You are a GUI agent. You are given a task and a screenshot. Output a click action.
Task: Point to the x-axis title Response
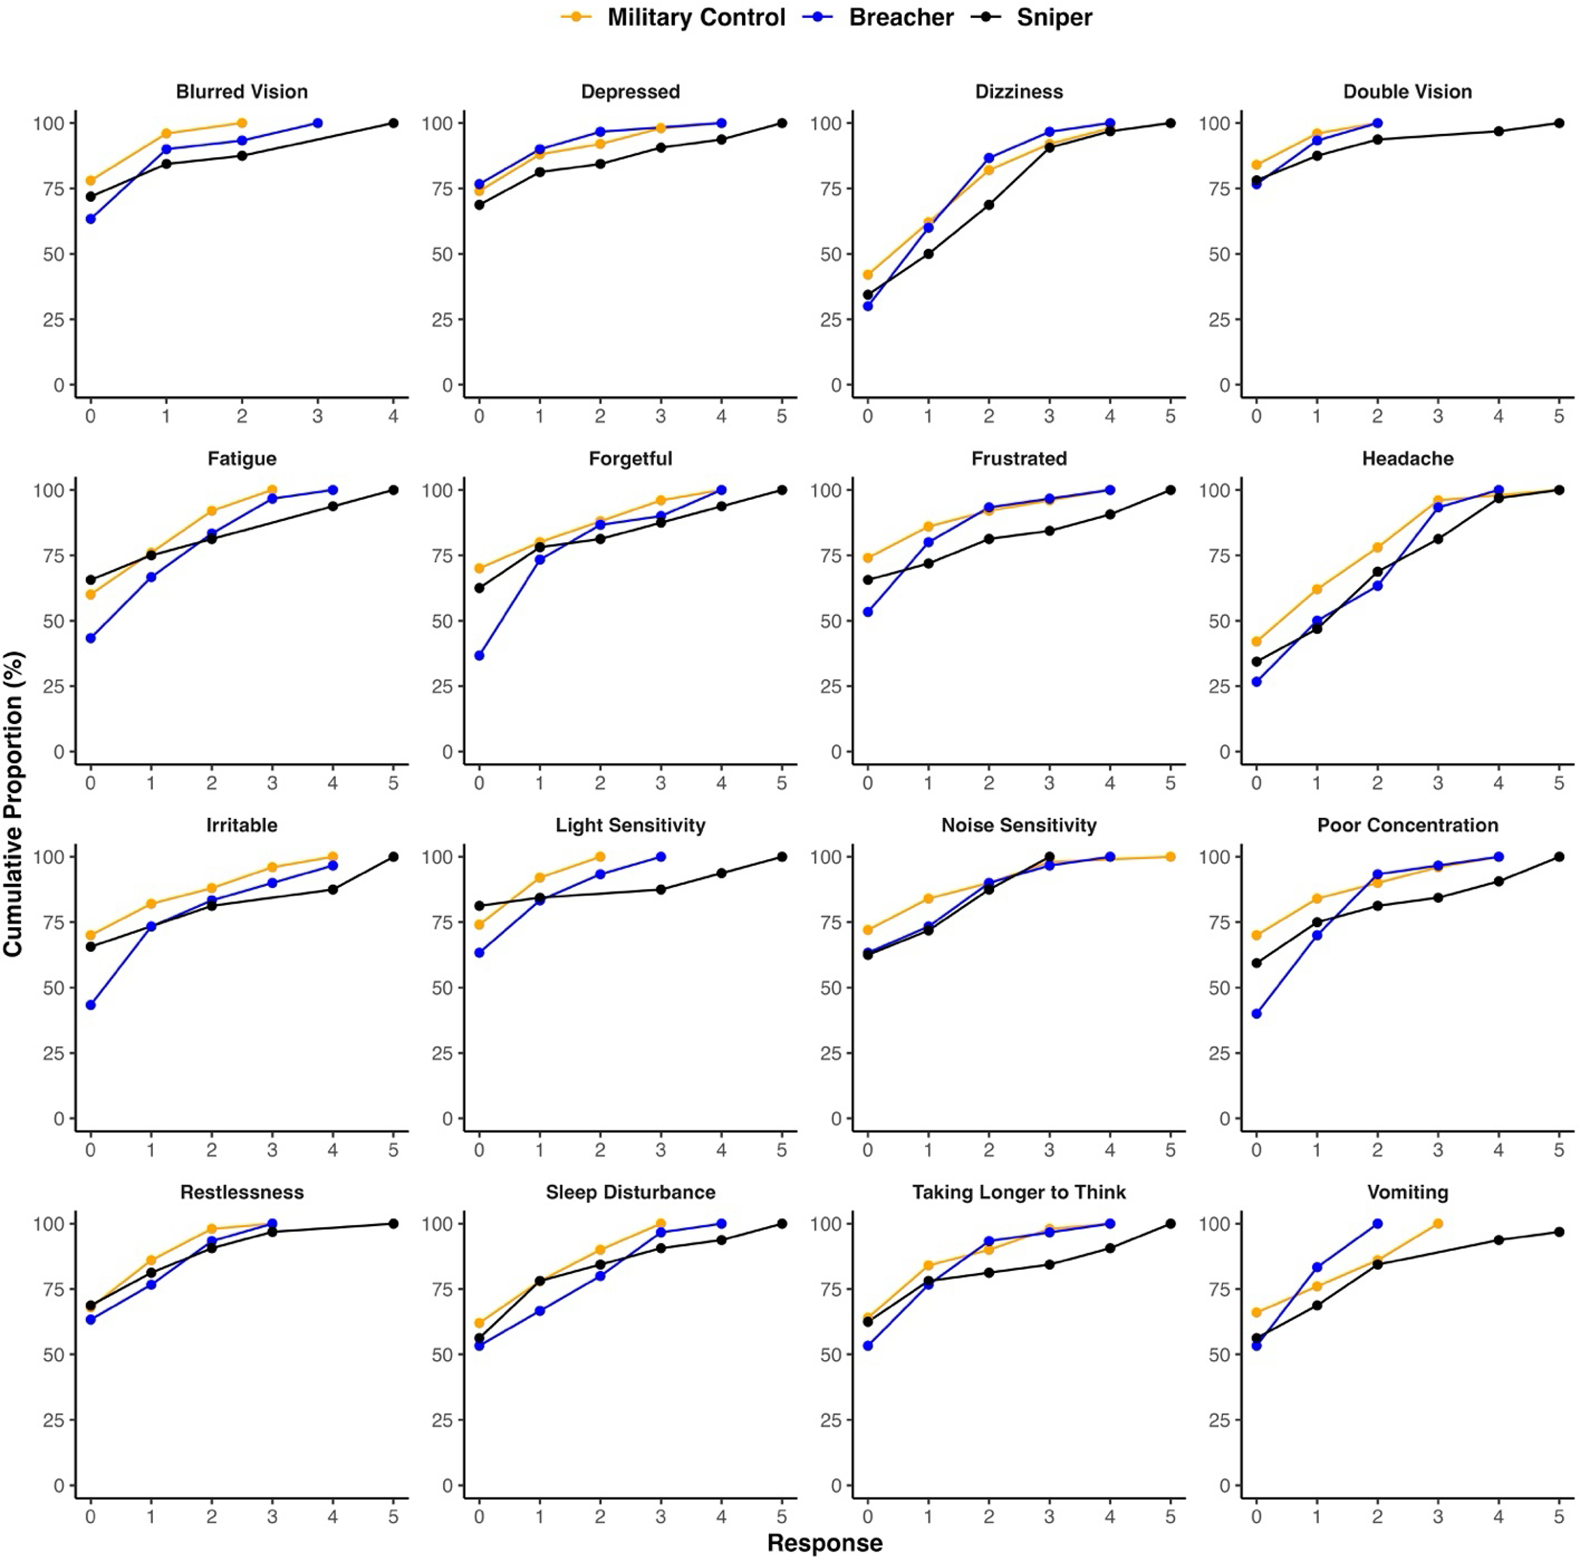[x=824, y=1542]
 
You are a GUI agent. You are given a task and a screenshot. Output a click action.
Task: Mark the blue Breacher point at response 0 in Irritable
[x=91, y=1005]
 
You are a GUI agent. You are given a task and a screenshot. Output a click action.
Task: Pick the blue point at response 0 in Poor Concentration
[x=1256, y=1014]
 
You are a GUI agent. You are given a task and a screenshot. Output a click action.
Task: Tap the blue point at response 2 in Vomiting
[x=1377, y=1223]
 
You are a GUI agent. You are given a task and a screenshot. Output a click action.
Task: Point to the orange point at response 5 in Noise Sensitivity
[x=1170, y=857]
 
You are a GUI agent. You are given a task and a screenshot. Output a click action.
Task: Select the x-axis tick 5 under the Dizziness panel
[x=1170, y=416]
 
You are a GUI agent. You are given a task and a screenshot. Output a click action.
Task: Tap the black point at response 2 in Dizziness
[x=989, y=205]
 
